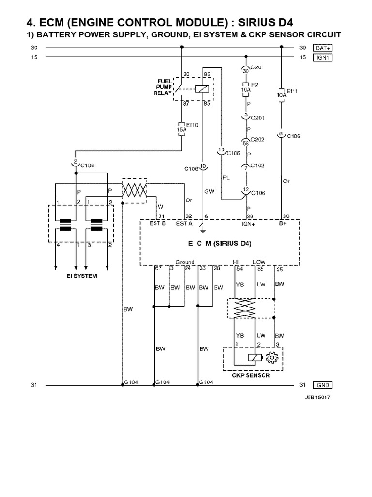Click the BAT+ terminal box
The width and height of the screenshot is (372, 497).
point(323,48)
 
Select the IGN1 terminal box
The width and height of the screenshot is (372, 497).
point(323,57)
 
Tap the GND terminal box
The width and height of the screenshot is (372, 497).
point(323,385)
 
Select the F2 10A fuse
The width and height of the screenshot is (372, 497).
point(246,90)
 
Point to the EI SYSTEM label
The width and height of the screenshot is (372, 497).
point(81,276)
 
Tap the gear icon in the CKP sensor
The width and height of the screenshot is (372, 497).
point(271,358)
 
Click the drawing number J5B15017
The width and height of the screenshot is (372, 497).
point(318,397)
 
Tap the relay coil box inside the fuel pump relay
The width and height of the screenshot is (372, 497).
point(201,89)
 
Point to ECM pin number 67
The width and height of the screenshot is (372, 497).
point(158,268)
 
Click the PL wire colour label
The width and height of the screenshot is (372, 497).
point(226,177)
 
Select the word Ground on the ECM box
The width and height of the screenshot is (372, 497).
point(185,262)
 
